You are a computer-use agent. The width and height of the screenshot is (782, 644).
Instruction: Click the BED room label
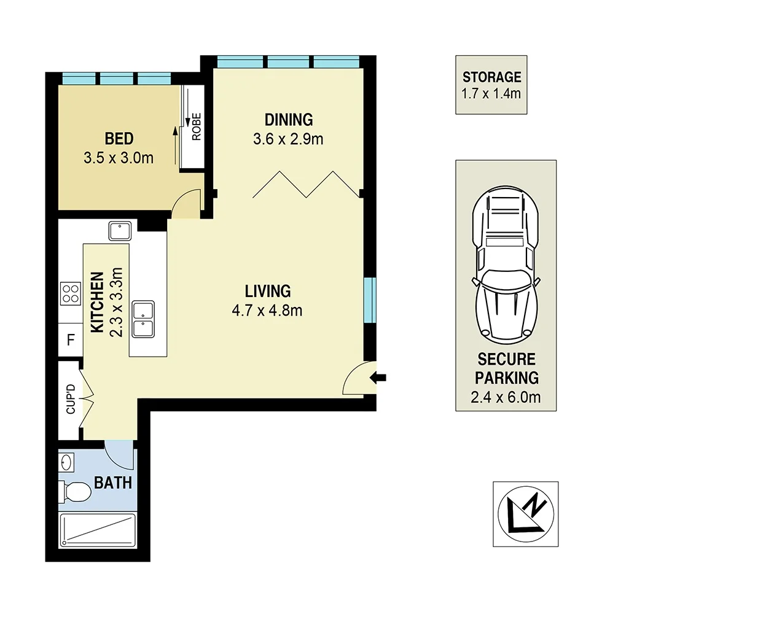pos(119,139)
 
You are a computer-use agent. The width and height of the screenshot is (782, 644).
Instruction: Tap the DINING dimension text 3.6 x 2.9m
pos(288,139)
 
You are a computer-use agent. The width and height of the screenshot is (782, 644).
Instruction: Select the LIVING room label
pos(268,291)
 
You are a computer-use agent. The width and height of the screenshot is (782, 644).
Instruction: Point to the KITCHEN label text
pos(97,303)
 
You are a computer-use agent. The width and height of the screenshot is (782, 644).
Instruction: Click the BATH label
pos(113,483)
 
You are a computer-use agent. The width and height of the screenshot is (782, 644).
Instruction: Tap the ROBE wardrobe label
pos(197,126)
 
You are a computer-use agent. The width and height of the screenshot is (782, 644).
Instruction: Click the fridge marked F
pos(71,340)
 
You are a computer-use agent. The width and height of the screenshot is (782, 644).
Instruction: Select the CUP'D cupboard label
pos(71,399)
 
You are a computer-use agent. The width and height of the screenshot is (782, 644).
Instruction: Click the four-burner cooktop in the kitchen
pos(70,293)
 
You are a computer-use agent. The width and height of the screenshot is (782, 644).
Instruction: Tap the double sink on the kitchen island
pos(143,319)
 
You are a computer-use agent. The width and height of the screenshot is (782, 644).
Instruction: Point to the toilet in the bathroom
pos(74,492)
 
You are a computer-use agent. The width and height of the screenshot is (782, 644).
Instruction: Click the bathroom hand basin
pos(66,462)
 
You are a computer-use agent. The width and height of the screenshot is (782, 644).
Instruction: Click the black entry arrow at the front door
pos(378,378)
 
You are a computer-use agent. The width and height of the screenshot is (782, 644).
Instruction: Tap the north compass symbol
pos(526,514)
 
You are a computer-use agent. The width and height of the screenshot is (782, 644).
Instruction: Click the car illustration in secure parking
pos(506,264)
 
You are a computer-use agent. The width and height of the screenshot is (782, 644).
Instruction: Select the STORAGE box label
pos(491,77)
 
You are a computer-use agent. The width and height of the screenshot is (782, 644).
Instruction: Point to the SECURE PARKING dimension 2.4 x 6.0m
pos(506,397)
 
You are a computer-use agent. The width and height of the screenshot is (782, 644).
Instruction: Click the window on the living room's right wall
pos(370,300)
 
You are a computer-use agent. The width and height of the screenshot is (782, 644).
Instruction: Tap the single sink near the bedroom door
pos(119,231)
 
